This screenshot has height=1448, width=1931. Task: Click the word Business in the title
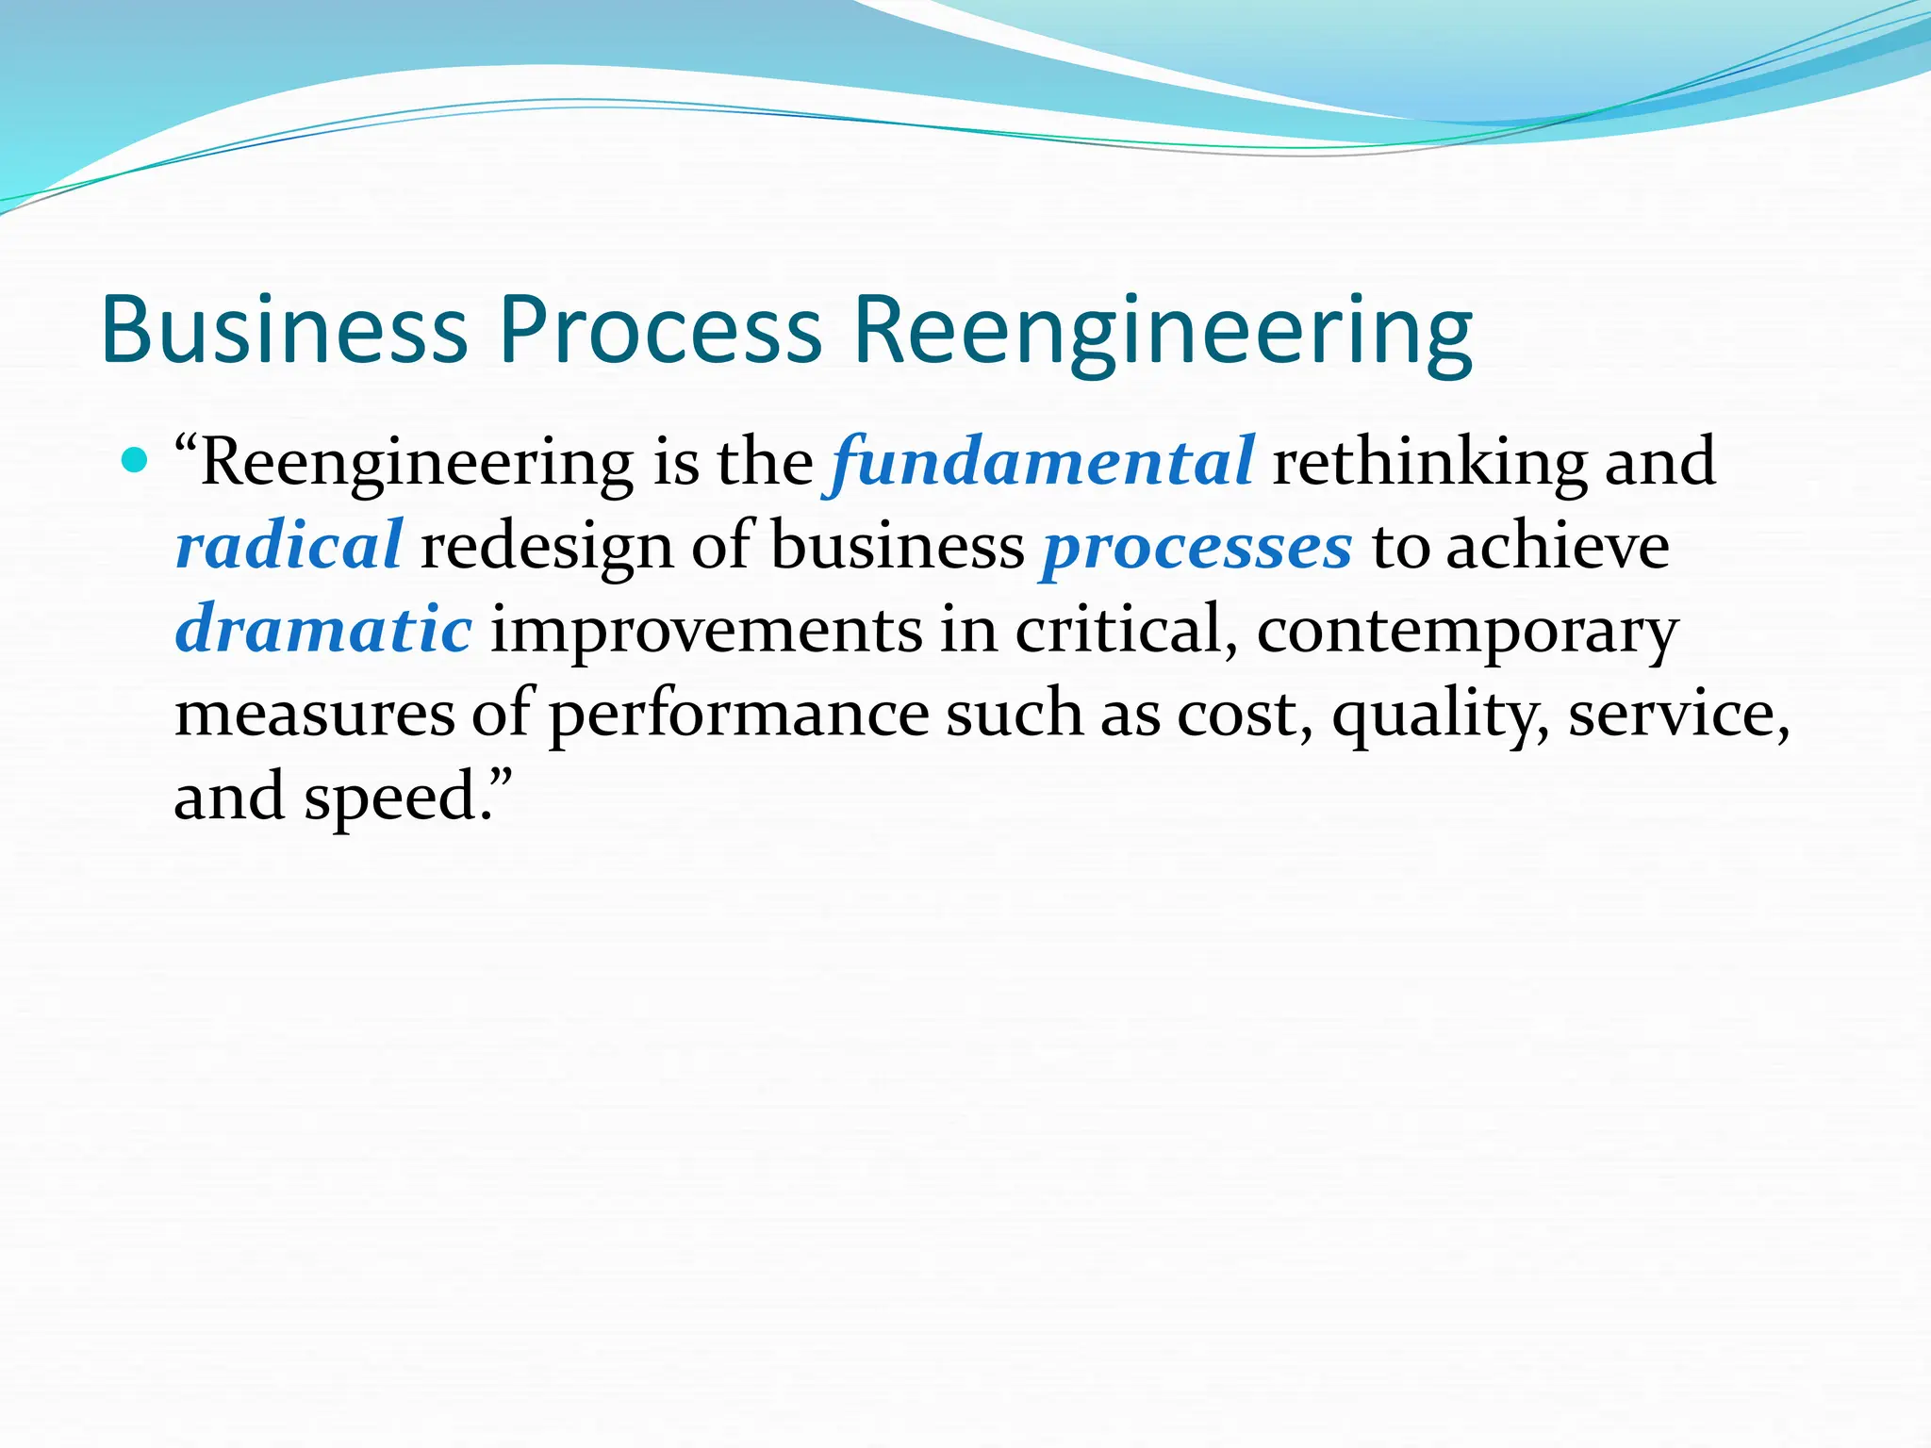coord(284,329)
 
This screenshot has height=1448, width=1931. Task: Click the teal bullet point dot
coord(136,461)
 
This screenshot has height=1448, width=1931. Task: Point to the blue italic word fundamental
coord(1042,462)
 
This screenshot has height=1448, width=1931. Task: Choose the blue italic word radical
coord(289,546)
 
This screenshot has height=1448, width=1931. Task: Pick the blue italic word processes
coord(1197,547)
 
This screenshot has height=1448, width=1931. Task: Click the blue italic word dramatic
coord(323,629)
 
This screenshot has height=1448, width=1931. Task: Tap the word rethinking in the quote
coord(1429,462)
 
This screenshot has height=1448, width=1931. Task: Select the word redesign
coord(546,547)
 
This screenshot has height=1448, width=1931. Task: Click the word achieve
coord(1558,546)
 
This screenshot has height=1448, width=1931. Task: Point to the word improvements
coord(706,629)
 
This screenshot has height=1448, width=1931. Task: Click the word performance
coord(739,714)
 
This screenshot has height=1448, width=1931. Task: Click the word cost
coord(1244,714)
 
